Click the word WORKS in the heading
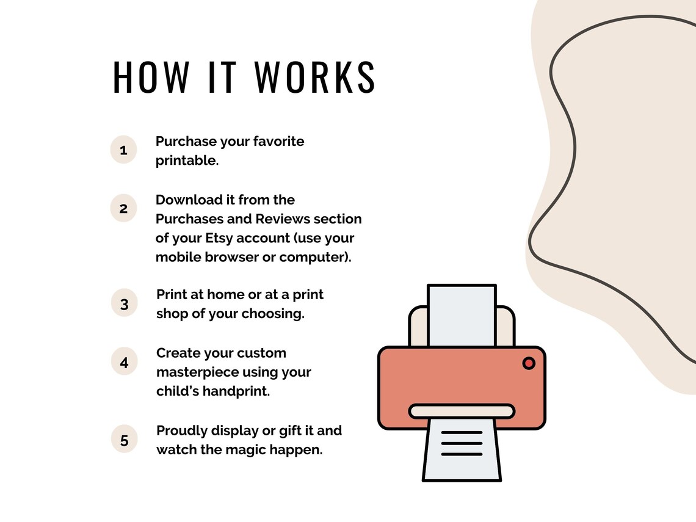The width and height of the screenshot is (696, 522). click(x=315, y=78)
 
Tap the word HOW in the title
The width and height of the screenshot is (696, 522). click(x=151, y=78)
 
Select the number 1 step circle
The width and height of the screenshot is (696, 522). click(x=123, y=150)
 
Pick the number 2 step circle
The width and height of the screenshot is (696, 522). click(x=123, y=208)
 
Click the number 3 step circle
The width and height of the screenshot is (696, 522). click(x=125, y=303)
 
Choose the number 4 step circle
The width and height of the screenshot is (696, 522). click(x=125, y=362)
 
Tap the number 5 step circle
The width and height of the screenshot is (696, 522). click(x=125, y=440)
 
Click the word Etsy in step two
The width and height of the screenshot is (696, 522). click(x=219, y=238)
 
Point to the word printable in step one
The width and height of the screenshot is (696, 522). click(x=186, y=161)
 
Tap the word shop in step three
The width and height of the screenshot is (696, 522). click(x=172, y=314)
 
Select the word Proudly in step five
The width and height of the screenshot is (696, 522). click(x=182, y=431)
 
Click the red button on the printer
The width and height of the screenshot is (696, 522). click(x=529, y=363)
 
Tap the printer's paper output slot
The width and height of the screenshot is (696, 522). click(x=462, y=411)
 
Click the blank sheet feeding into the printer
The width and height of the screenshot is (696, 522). click(x=462, y=315)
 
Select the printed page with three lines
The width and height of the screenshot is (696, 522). click(x=462, y=449)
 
